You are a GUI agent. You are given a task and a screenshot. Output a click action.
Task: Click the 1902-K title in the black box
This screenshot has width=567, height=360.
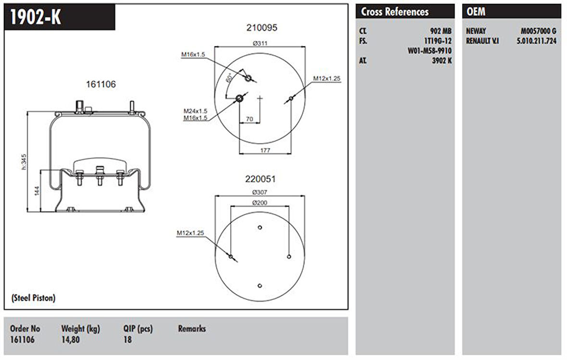pyautogui.click(x=36, y=17)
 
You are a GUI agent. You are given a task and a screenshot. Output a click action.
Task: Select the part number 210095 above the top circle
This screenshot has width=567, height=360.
pyautogui.click(x=261, y=27)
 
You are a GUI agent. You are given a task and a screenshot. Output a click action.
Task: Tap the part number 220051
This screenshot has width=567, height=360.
pyautogui.click(x=260, y=179)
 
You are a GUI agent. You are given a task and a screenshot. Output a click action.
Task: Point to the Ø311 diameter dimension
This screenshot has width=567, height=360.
pyautogui.click(x=260, y=43)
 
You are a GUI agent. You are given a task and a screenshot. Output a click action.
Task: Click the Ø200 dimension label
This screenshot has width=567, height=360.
pyautogui.click(x=260, y=202)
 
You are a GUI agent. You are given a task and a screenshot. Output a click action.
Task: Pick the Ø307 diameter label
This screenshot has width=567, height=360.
pyautogui.click(x=260, y=192)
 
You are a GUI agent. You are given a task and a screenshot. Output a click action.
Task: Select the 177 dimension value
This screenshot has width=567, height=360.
pyautogui.click(x=265, y=150)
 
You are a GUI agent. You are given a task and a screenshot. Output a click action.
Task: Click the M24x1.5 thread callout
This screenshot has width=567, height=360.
pyautogui.click(x=195, y=111)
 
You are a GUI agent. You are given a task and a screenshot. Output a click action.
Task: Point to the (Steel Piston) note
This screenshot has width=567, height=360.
pyautogui.click(x=33, y=298)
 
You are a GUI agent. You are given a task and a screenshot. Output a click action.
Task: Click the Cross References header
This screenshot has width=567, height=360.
pyautogui.click(x=394, y=12)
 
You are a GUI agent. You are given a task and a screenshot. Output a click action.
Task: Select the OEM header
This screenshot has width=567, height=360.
pyautogui.click(x=476, y=12)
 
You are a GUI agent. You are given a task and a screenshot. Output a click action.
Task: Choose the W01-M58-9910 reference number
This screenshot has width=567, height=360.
pyautogui.click(x=430, y=50)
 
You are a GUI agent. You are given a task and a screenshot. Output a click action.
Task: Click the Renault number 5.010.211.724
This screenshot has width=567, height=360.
pyautogui.click(x=536, y=41)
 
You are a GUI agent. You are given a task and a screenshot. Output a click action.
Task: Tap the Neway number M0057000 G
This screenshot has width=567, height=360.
pyautogui.click(x=539, y=31)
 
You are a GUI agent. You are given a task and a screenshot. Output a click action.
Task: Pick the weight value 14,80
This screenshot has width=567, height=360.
pyautogui.click(x=70, y=339)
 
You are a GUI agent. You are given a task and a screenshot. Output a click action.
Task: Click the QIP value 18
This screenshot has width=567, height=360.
pyautogui.click(x=127, y=339)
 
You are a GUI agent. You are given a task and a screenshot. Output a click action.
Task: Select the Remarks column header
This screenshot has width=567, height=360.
pyautogui.click(x=192, y=329)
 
